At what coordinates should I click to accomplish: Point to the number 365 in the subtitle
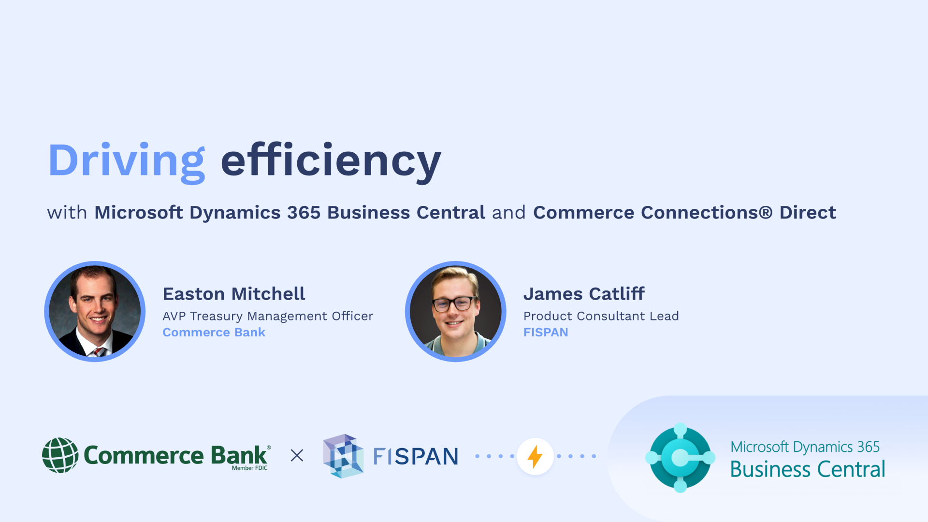tap(304, 213)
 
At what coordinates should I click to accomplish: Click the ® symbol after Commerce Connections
tap(766, 213)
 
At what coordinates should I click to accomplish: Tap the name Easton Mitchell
tap(234, 294)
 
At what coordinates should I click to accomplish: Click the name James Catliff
tap(584, 294)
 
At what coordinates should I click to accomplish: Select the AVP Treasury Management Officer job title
tap(268, 316)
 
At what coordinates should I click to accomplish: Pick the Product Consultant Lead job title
tap(601, 316)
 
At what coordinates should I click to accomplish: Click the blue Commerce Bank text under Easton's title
tap(214, 333)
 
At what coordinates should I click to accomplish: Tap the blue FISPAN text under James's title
tap(546, 333)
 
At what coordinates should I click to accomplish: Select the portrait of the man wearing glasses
tap(455, 312)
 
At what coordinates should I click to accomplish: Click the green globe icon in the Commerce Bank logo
tap(60, 455)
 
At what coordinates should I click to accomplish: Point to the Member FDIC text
tap(249, 468)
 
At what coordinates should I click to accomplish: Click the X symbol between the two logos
tap(297, 455)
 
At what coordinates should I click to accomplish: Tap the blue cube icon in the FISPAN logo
tap(343, 456)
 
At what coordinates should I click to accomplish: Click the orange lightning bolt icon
tap(535, 456)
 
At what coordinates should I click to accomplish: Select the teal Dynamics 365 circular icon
tap(680, 457)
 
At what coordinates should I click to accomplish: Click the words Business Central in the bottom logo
tap(807, 469)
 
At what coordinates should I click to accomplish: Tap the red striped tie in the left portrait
tap(99, 351)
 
